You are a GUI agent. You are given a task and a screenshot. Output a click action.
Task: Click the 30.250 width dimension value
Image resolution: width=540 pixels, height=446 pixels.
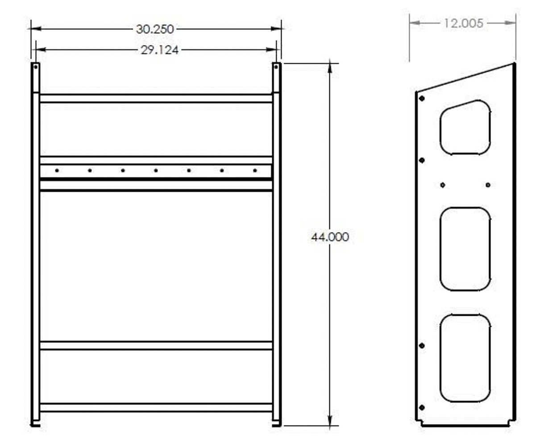click(x=155, y=29)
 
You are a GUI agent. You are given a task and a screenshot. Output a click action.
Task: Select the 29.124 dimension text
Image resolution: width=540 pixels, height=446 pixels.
click(x=159, y=50)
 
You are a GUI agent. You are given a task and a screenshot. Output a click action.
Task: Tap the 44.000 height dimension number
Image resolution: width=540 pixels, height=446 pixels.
click(x=330, y=237)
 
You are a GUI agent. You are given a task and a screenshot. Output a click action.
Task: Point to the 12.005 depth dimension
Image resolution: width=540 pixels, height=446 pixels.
click(x=463, y=23)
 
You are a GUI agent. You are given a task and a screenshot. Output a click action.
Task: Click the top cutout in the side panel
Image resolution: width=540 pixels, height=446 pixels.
click(x=465, y=128)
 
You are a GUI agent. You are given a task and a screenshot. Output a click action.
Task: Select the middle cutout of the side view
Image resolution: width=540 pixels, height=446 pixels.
click(x=465, y=249)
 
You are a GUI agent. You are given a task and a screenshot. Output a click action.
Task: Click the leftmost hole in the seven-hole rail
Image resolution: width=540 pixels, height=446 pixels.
click(x=57, y=170)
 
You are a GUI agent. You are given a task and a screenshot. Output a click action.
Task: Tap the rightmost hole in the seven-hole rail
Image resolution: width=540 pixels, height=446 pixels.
click(x=255, y=170)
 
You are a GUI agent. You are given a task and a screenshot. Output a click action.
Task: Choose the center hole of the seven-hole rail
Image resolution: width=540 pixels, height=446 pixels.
click(x=156, y=170)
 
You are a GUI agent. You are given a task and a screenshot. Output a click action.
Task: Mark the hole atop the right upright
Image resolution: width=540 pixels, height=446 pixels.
click(x=276, y=67)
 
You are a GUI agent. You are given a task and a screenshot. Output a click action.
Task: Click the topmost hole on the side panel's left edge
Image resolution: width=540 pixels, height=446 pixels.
click(x=422, y=98)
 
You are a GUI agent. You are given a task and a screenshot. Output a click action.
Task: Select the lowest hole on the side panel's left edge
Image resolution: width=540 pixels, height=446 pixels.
click(x=422, y=407)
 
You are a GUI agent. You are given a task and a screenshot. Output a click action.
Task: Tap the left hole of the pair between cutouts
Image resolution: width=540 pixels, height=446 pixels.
click(x=442, y=185)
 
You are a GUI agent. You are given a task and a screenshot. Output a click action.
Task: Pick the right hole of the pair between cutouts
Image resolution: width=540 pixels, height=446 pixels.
click(x=488, y=185)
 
